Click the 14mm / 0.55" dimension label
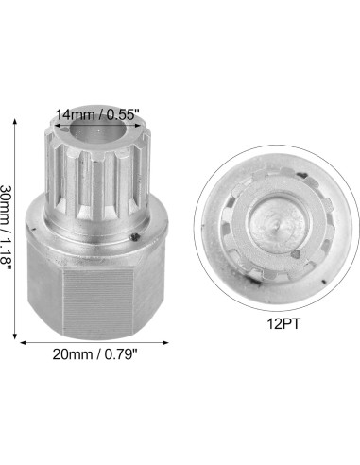98,114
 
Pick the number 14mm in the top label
74,114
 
